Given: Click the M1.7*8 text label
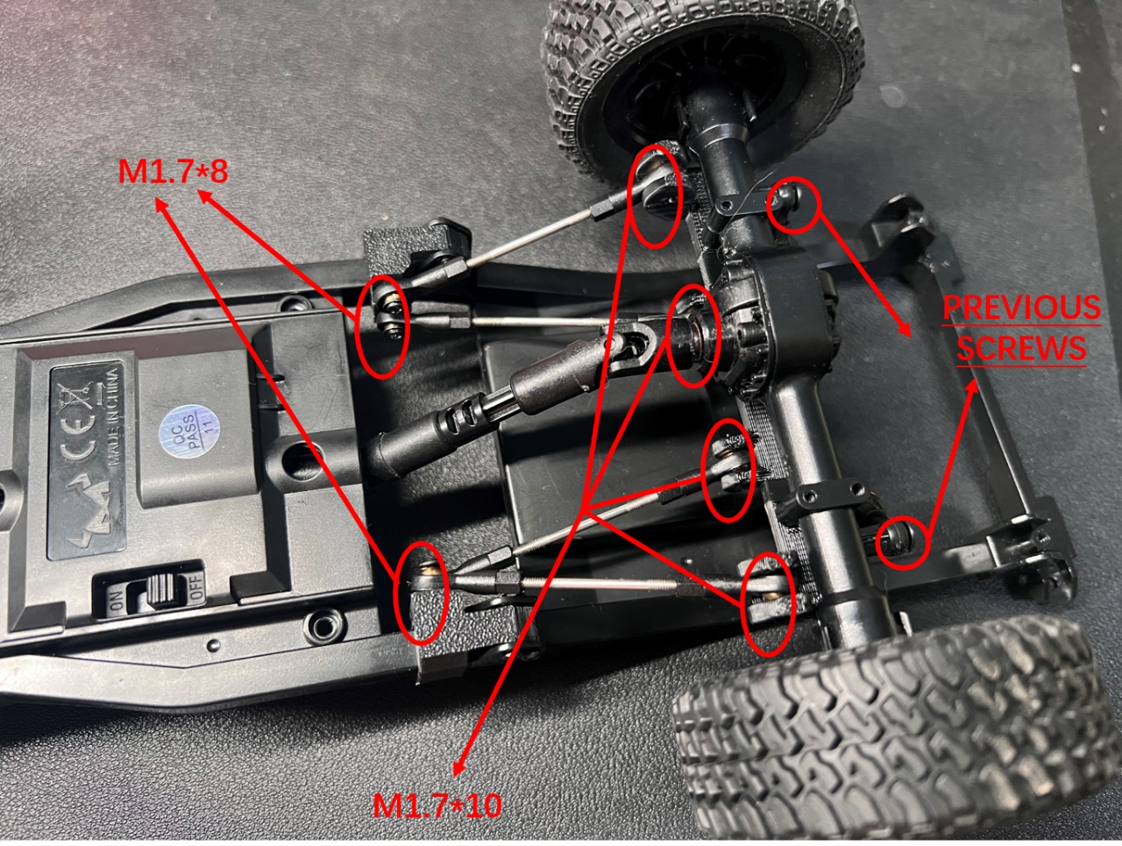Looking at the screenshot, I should point(173,172).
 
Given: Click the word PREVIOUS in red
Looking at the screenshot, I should point(1021,309).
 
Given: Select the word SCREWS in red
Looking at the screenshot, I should point(1020,348).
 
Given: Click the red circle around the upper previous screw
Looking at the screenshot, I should point(793,207).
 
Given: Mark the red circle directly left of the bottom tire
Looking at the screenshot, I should point(770,603).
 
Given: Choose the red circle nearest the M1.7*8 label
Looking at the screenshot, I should point(385,326).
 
